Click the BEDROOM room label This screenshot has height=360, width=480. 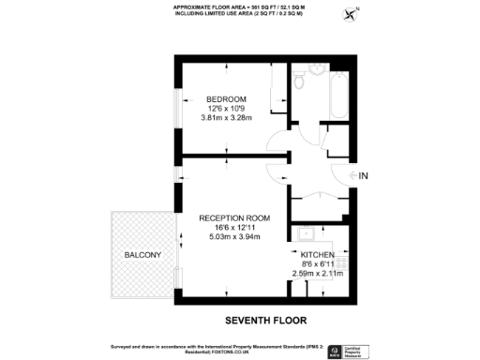[227, 99]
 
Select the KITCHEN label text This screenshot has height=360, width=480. [319, 254]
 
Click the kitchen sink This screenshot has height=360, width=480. [305, 234]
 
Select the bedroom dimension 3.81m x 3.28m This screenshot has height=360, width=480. [227, 119]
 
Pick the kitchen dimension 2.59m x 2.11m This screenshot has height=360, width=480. [319, 273]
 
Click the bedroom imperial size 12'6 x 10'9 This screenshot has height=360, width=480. [227, 110]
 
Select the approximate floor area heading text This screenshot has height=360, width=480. [239, 8]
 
